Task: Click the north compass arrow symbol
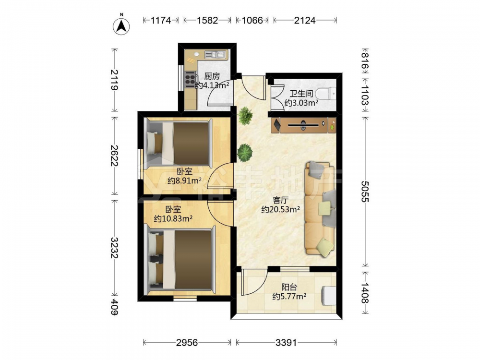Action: [121, 26]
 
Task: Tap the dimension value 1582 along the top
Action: [207, 20]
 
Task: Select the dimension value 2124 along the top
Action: [305, 20]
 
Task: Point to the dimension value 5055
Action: [365, 192]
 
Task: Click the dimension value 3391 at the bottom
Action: [286, 342]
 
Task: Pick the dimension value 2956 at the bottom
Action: [187, 342]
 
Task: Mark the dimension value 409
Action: [115, 307]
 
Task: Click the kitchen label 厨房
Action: [212, 76]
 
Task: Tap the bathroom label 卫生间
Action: [301, 94]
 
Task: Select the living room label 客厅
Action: [281, 201]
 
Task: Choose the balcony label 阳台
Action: [289, 287]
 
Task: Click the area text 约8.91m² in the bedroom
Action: [184, 180]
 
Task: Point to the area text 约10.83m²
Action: [173, 218]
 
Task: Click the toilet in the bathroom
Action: [326, 94]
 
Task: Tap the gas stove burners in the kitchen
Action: [190, 79]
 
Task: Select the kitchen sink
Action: [215, 55]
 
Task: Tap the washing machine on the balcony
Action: [328, 296]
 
